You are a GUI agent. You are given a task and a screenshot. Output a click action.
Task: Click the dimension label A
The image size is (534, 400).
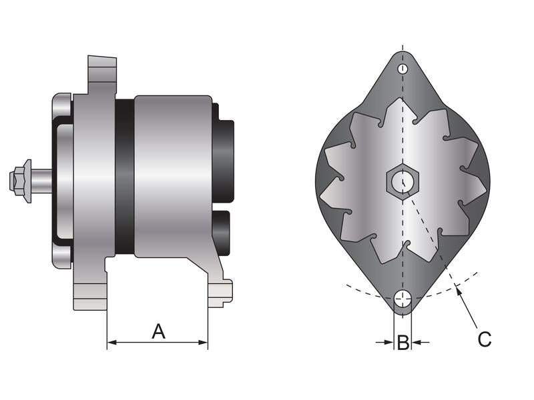coord(158,331)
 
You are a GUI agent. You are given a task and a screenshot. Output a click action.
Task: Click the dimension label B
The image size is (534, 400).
coord(403,343)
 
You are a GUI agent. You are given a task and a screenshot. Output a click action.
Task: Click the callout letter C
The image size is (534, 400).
coord(484,339)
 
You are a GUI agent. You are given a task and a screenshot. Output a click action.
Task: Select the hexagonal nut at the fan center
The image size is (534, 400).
coord(403,180)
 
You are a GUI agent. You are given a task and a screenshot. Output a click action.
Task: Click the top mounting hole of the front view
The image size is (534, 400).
coord(403,69)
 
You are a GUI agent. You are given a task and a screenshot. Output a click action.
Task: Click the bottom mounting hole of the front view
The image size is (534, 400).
coord(403,299)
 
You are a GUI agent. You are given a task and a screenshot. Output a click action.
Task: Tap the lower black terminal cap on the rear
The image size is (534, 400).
coord(222,233)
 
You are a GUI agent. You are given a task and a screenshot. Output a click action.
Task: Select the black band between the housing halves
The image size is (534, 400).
coord(124,177)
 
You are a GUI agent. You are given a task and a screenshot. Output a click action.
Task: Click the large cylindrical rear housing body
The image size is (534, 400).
coord(174,177)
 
